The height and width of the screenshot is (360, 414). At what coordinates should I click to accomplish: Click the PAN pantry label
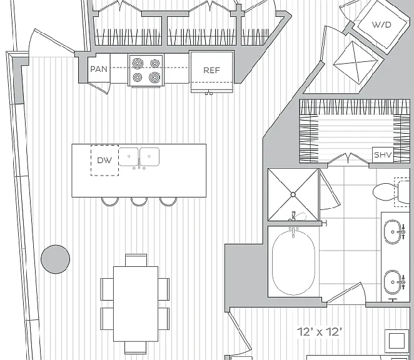99,69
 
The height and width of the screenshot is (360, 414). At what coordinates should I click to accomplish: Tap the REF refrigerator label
212,70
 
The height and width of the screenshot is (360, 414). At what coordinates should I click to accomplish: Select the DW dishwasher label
104,160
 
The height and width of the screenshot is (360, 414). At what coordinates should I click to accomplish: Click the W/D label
381,24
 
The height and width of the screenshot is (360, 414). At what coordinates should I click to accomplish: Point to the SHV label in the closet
383,154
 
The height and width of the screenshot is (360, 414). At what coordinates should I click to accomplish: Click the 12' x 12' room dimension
320,332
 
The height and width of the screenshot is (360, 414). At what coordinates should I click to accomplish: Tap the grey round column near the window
56,259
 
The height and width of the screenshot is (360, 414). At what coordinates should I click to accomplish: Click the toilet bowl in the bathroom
385,192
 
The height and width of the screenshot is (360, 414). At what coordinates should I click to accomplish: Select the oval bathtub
293,262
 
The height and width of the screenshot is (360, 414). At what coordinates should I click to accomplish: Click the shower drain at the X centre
293,194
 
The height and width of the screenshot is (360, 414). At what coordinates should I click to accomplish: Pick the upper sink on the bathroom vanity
393,231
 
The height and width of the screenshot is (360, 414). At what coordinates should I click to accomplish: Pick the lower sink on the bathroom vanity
393,282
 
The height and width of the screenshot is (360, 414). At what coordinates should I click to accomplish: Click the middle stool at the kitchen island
139,201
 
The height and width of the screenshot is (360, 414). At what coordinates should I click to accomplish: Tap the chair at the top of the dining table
136,260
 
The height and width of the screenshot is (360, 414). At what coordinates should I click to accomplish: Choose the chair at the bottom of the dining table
136,347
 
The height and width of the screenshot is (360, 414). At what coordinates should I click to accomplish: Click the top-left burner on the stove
138,63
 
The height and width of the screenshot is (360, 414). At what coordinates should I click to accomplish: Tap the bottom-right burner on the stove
154,77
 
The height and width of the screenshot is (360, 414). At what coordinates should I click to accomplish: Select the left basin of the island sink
129,156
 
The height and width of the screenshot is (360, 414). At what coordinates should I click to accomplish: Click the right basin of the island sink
149,156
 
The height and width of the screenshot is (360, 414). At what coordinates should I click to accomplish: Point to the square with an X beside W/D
355,63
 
